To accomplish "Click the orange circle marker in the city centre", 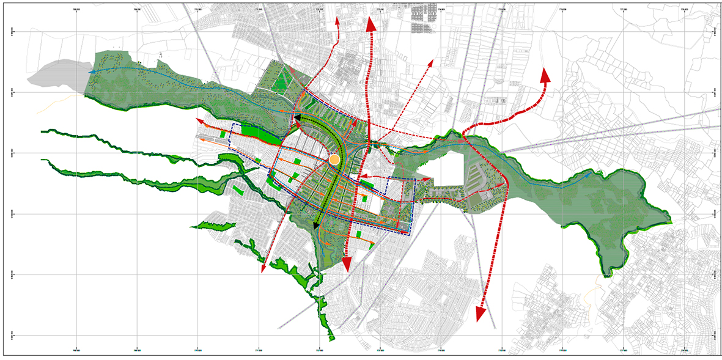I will tap(334, 160).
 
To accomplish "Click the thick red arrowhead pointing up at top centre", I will tap(370, 23).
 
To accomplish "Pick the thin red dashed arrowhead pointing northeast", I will tap(432, 62).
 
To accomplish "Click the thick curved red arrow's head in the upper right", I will tap(543, 75).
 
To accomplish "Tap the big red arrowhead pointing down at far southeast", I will tap(481, 314).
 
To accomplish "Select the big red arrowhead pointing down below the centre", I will tap(346, 264).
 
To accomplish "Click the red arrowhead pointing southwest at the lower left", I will tap(263, 270).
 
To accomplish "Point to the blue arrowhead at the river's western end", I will tap(91, 72).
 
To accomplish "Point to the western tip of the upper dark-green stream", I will tap(43, 131).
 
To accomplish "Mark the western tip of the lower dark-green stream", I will tap(43, 160).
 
